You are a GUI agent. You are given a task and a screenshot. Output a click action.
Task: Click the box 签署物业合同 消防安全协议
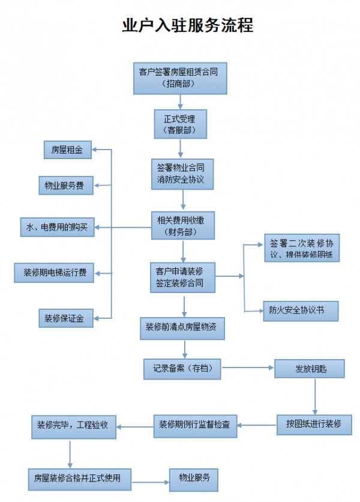(x=181, y=174)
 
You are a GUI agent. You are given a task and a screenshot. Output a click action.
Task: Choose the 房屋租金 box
(x=67, y=150)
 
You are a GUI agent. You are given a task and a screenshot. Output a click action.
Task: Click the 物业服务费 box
(x=65, y=186)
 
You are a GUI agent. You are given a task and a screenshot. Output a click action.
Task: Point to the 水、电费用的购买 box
(x=57, y=228)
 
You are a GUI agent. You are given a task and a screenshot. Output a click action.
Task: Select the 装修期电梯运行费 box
(x=55, y=273)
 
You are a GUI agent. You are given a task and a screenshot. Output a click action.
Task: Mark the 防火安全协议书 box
(x=300, y=310)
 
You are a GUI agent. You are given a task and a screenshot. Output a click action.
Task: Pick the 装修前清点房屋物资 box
(x=184, y=328)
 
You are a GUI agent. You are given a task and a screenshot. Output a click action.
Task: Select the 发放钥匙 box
(x=310, y=368)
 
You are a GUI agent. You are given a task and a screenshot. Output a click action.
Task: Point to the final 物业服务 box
(x=193, y=479)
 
